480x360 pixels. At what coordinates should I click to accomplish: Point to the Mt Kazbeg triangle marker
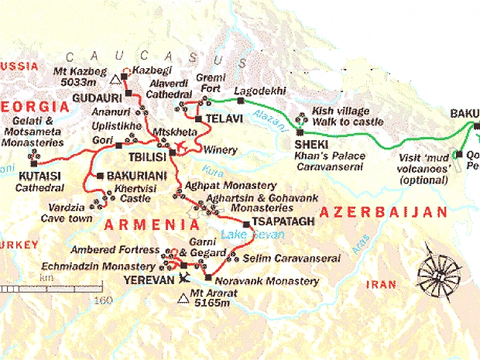116,78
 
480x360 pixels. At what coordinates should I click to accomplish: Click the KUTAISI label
35,176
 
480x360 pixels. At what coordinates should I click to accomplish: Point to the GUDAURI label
94,98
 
